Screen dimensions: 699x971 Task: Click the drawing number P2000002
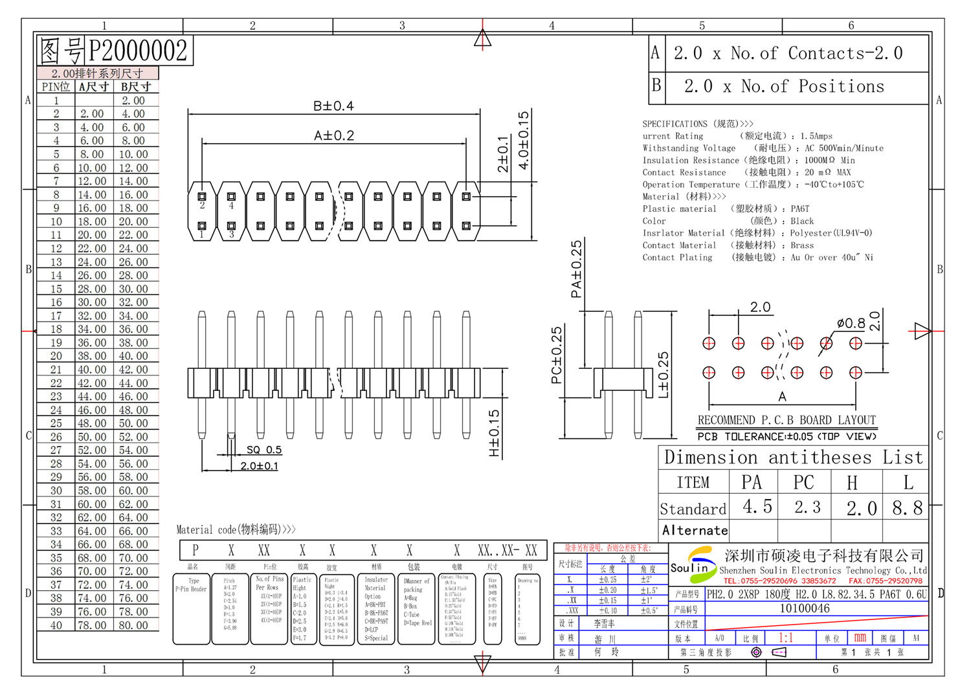(137, 51)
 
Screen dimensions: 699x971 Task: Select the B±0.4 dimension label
(333, 106)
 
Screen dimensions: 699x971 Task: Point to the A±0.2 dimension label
(334, 136)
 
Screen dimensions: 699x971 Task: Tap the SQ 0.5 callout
(264, 450)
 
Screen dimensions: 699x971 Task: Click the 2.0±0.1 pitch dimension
(259, 466)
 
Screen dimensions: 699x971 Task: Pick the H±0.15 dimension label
(495, 433)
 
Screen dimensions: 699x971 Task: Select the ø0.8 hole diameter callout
(851, 323)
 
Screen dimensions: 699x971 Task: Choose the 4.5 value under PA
(757, 507)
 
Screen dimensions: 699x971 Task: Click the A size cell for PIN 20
(92, 356)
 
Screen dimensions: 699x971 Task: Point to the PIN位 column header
(56, 87)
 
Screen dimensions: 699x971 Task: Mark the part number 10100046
(805, 608)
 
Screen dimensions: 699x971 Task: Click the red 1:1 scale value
(786, 638)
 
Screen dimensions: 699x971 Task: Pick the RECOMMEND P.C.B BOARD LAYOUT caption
(787, 420)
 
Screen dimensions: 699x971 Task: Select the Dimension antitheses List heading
(793, 458)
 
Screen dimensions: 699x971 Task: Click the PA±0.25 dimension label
(576, 269)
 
